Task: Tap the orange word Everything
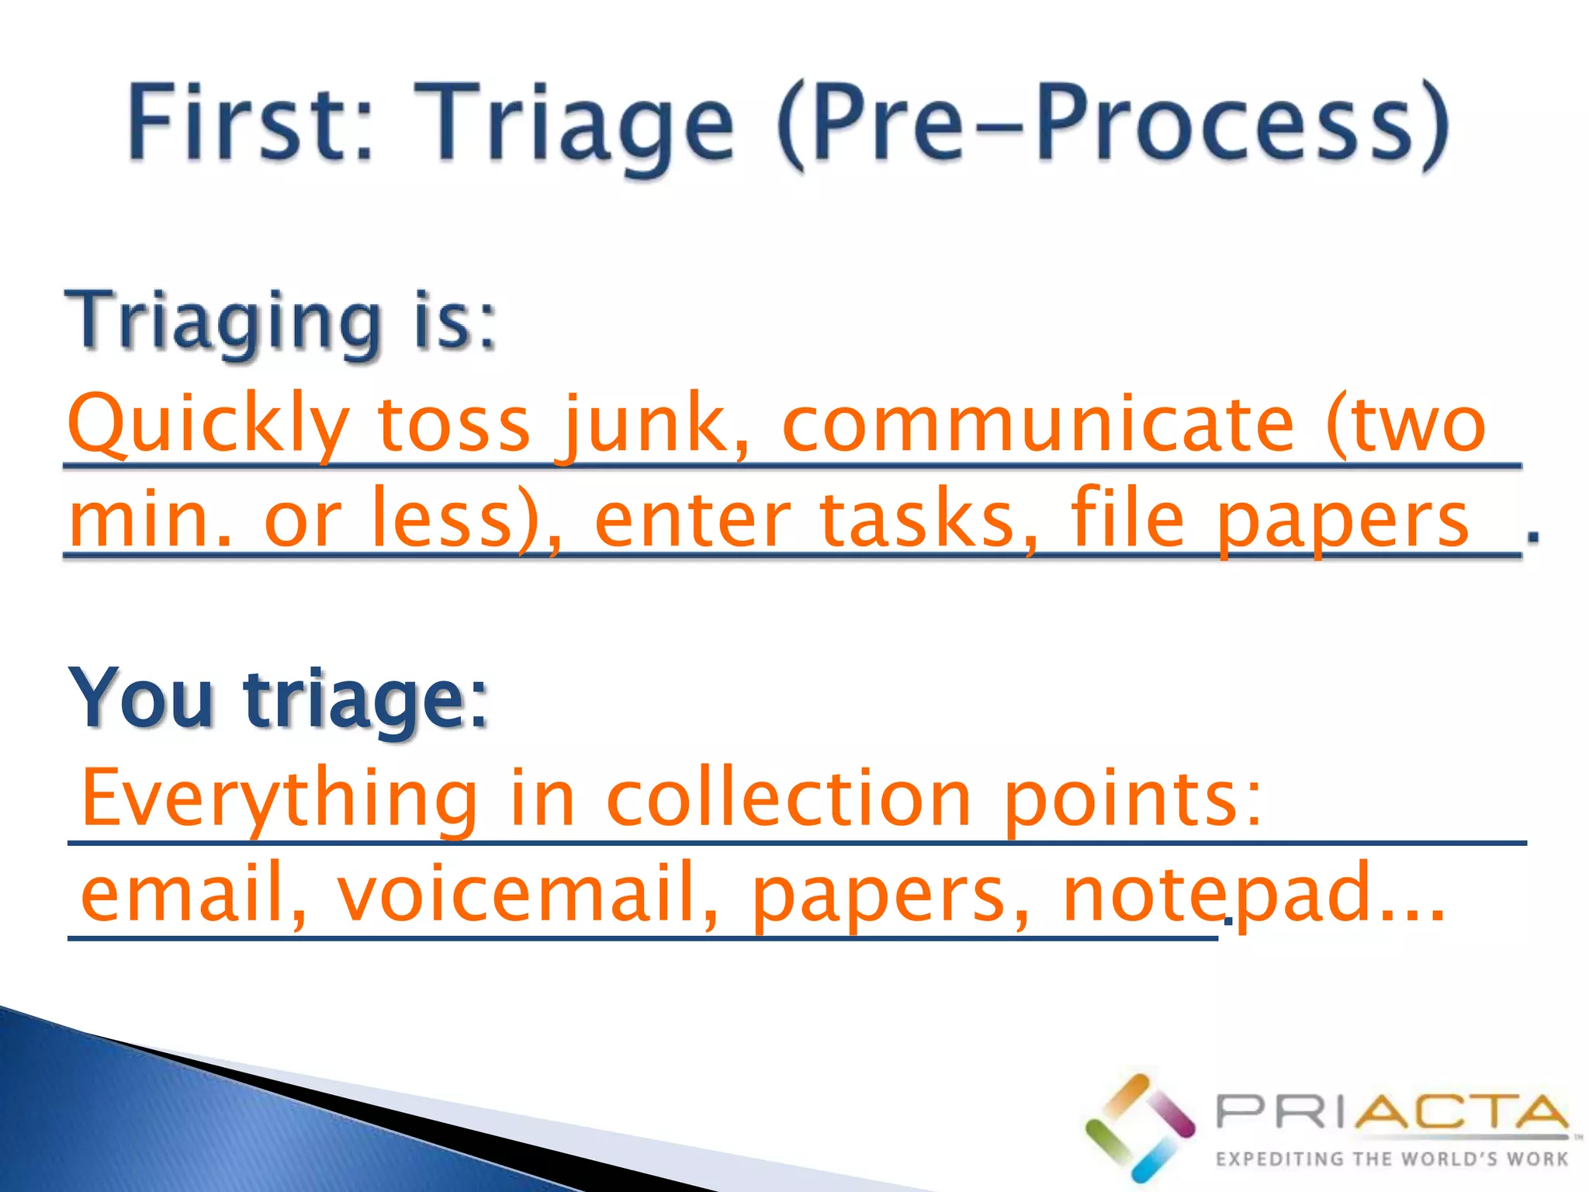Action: (279, 799)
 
